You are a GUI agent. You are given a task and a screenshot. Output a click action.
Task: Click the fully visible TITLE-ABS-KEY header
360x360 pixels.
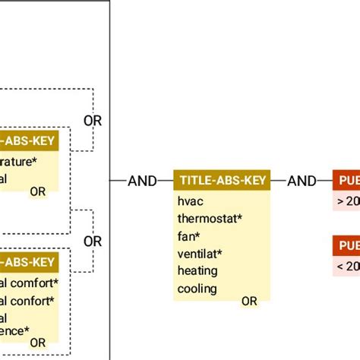tap(222, 180)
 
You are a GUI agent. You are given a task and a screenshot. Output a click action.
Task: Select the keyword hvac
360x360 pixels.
tap(190, 201)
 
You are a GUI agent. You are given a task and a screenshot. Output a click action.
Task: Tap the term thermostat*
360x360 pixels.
tap(210, 219)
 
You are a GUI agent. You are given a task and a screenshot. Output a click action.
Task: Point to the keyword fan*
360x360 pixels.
tap(188, 236)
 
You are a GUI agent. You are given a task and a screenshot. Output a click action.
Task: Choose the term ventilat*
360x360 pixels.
tap(200, 254)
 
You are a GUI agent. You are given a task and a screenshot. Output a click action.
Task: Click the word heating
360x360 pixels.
tap(197, 271)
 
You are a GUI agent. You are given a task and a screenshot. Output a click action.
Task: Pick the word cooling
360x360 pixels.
tap(197, 289)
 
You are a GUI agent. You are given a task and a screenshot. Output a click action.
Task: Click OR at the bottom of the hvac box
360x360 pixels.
tap(249, 302)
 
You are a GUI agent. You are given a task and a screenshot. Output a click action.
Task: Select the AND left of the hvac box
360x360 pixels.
tap(142, 181)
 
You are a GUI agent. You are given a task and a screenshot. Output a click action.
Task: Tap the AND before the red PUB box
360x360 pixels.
tap(302, 181)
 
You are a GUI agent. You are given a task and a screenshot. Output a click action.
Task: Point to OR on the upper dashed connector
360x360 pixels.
tap(92, 120)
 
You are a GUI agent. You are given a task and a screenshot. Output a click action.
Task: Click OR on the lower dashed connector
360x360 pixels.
tap(92, 242)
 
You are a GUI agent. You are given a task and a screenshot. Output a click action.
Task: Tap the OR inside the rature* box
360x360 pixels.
tap(37, 191)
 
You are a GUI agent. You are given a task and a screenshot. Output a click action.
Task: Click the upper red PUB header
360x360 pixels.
tap(346, 180)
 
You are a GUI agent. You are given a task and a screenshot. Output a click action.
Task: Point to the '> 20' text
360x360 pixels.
tap(347, 201)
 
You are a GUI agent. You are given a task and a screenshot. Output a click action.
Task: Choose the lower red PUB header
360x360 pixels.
tap(346, 245)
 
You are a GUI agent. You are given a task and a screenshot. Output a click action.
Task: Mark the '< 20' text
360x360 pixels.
tap(347, 266)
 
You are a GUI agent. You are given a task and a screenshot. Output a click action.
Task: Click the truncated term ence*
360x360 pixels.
tap(15, 330)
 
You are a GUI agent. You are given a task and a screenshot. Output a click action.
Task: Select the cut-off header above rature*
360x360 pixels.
tap(29, 140)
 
